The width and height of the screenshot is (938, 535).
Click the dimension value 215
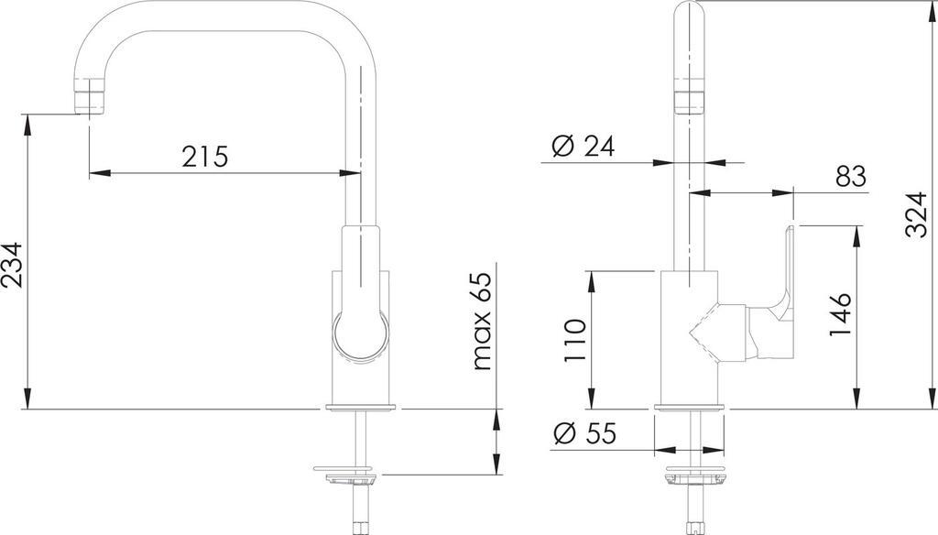point(205,157)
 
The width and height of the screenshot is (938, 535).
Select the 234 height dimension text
point(13,265)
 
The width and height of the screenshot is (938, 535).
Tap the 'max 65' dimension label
point(481,321)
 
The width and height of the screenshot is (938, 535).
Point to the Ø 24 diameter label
point(584,146)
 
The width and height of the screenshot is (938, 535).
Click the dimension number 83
point(851,177)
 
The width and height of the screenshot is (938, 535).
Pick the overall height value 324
point(916,215)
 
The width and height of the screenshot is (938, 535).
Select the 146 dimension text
point(839,314)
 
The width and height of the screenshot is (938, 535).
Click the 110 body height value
point(575,341)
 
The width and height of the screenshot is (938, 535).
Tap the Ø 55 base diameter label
point(584,433)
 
